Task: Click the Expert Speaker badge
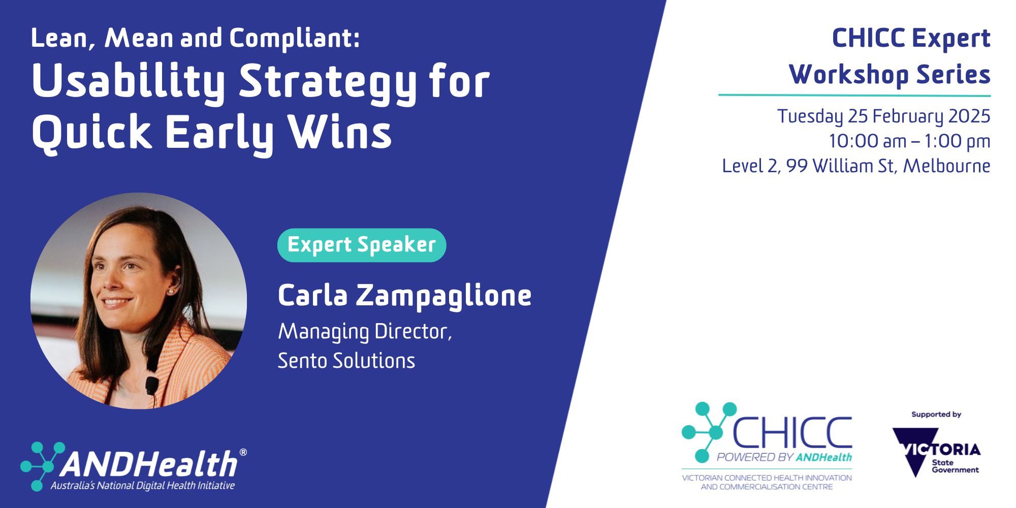(x=362, y=245)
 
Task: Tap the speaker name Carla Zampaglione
(x=404, y=296)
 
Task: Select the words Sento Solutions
(x=346, y=361)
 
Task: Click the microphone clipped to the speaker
(x=151, y=388)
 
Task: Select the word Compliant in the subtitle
(x=295, y=39)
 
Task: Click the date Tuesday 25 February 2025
(x=884, y=116)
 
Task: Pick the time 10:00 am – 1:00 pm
(x=910, y=141)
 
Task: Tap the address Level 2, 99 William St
(x=809, y=166)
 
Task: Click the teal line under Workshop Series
(x=854, y=95)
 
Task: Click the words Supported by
(x=936, y=415)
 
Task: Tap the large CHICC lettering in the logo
(x=792, y=432)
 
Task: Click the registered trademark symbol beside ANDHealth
(x=243, y=452)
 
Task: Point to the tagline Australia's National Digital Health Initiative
(x=143, y=486)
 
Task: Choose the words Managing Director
(x=365, y=332)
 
